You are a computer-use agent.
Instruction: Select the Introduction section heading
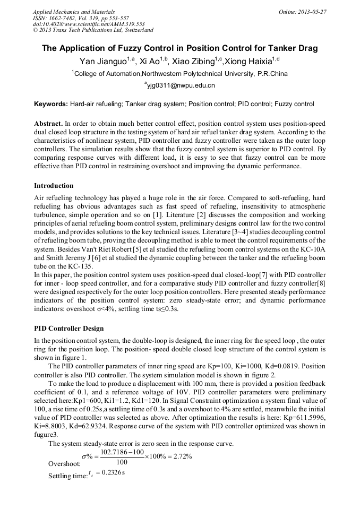(x=54, y=186)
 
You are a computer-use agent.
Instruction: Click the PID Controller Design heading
(x=69, y=329)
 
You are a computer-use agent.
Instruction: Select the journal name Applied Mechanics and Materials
(x=74, y=12)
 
